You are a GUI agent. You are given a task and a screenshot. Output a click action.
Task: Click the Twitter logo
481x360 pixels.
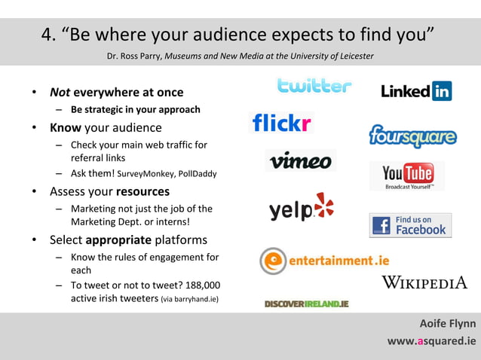314,86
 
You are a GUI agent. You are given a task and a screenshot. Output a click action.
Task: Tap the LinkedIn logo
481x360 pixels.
416,92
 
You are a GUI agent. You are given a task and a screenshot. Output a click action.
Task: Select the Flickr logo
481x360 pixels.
282,123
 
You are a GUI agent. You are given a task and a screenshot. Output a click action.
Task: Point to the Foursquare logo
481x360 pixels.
412,136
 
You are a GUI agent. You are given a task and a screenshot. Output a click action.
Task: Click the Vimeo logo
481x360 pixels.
300,160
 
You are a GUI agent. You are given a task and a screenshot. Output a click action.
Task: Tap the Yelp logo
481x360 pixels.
301,208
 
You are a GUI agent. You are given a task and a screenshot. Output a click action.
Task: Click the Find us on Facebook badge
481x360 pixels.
410,225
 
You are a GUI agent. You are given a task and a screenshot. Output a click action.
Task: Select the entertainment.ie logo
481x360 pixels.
324,261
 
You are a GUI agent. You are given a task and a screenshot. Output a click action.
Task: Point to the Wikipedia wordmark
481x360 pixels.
424,282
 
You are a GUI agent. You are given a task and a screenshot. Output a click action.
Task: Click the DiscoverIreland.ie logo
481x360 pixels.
306,304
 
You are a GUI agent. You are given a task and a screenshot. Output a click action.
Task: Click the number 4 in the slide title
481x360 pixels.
48,35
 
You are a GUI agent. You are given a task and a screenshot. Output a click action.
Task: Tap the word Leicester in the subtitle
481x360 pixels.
355,56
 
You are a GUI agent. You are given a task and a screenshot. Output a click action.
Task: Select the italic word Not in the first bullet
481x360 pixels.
60,93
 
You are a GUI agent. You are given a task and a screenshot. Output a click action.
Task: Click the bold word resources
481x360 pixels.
142,191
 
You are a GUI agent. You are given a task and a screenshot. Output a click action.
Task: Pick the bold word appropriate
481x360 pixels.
118,240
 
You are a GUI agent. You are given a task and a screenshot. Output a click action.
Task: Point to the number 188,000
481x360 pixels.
201,285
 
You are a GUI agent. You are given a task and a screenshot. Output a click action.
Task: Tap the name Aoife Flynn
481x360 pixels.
448,324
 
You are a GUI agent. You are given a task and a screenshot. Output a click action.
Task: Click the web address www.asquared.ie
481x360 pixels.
431,340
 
